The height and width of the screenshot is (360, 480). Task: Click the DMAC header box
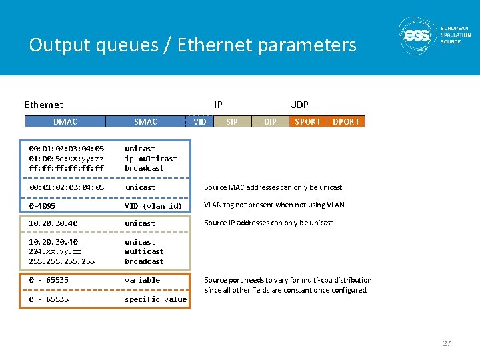click(65, 121)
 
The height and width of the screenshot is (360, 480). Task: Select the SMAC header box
click(145, 121)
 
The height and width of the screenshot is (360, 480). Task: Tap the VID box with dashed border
click(199, 121)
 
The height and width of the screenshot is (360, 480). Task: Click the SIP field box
click(232, 121)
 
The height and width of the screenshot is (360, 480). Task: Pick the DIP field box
click(270, 121)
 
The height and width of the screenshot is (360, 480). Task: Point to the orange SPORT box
click(307, 121)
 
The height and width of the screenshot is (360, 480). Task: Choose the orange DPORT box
click(346, 121)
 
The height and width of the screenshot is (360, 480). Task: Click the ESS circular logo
click(417, 35)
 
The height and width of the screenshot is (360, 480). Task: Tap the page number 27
click(447, 343)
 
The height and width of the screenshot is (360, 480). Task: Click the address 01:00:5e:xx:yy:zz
click(66, 159)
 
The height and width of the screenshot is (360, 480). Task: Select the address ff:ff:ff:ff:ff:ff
click(66, 168)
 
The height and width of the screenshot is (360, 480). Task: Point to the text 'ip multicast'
click(151, 159)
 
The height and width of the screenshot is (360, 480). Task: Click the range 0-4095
click(42, 206)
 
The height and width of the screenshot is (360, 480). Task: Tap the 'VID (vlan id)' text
click(153, 206)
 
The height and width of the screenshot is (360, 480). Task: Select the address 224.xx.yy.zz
click(55, 251)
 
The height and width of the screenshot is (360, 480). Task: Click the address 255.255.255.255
click(61, 261)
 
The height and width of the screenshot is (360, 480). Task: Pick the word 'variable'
click(142, 280)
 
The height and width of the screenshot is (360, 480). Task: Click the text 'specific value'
click(155, 299)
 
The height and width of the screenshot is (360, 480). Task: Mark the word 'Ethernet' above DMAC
click(43, 105)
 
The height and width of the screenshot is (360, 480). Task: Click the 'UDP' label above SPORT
click(299, 105)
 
